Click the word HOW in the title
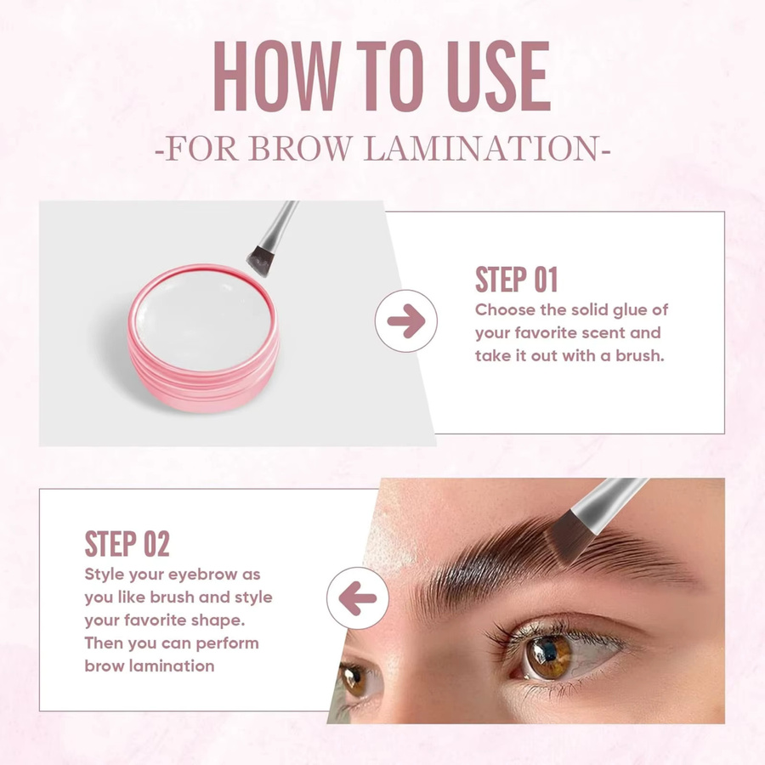click(x=277, y=76)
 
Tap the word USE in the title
click(x=498, y=76)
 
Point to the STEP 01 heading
click(x=516, y=280)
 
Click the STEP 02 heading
click(x=127, y=543)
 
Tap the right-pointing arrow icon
click(x=406, y=321)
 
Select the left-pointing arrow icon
click(x=358, y=598)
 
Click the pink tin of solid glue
click(x=203, y=338)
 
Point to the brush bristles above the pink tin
click(x=261, y=262)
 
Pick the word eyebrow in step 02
click(x=200, y=575)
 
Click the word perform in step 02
click(x=227, y=643)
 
